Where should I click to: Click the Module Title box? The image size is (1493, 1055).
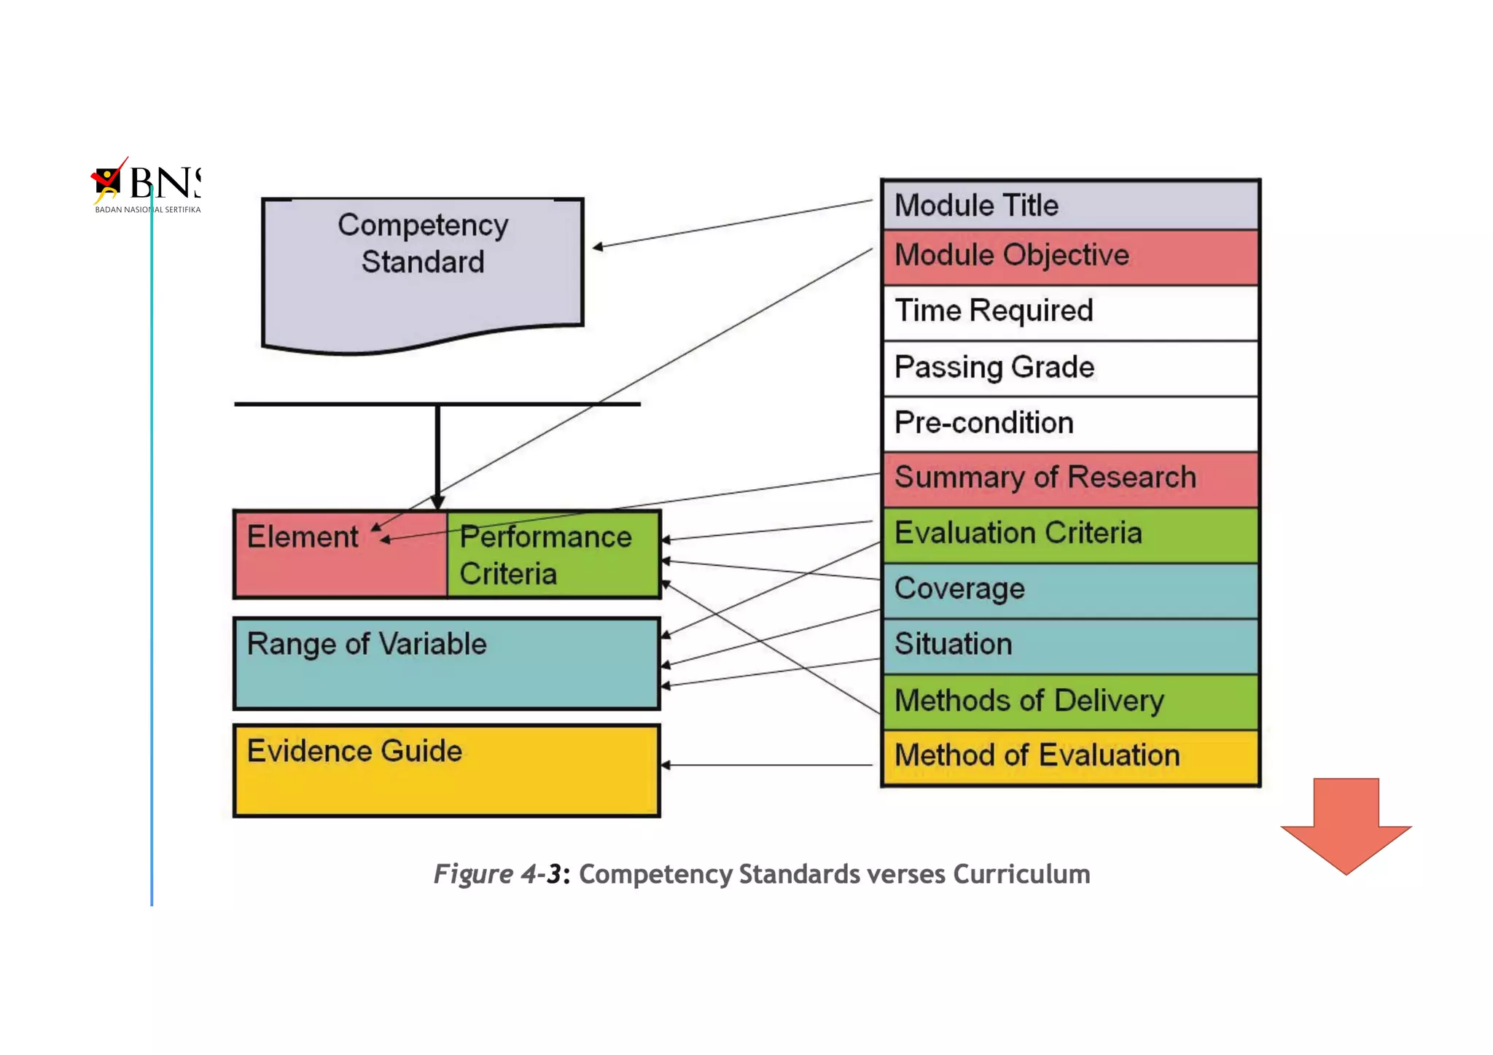[1069, 206]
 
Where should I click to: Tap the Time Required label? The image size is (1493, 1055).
[994, 311]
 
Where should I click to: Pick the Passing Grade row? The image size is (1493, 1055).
[1069, 367]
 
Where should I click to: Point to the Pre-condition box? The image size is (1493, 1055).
[1069, 423]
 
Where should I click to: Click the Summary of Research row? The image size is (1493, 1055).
[1069, 478]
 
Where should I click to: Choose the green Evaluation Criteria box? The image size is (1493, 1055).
[1069, 534]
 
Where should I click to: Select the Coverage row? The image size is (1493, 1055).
[1069, 590]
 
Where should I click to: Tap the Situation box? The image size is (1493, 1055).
[1069, 645]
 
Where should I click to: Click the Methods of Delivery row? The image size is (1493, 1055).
[1069, 701]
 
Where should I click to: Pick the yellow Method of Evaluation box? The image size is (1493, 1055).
[1069, 756]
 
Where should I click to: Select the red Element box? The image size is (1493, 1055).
[340, 554]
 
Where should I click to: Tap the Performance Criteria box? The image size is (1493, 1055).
[553, 555]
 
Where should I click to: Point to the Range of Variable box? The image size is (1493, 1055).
[446, 663]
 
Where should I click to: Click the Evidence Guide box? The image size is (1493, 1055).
[446, 770]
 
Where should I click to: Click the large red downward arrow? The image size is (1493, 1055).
[1346, 825]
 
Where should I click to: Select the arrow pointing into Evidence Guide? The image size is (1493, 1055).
[765, 765]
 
